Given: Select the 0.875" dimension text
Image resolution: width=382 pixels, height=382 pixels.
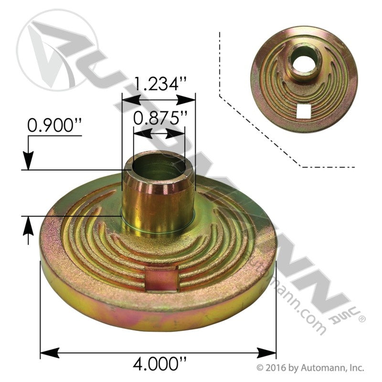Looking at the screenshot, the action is (x=160, y=118).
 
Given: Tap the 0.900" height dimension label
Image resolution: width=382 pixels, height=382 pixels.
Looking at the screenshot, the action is (x=54, y=125).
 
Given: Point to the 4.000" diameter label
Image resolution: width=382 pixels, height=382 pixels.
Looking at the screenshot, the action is (x=159, y=363).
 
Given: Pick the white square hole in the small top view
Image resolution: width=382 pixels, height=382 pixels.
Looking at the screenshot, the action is (x=304, y=110).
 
